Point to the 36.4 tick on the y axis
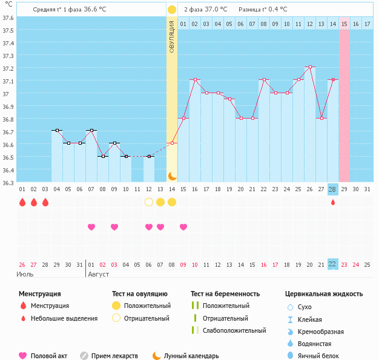pos(8,171)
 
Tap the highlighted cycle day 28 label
pos(332,189)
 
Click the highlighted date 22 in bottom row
pos(332,264)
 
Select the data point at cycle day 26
pos(309,67)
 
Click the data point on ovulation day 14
pos(172,143)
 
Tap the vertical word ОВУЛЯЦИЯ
pos(172,36)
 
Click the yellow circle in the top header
pos(172,10)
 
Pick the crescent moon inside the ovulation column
pos(172,175)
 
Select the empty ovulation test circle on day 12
pos(149,201)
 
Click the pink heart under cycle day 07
pos(91,227)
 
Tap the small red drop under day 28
pos(332,202)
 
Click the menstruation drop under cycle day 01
pos(22,201)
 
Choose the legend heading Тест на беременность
pos(225,294)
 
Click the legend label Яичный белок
pos(323,356)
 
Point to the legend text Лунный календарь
pos(191,356)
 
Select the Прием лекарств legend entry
pos(114,356)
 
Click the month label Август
pos(99,274)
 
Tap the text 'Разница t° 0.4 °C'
pos(263,10)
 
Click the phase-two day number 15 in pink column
pos(344,24)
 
